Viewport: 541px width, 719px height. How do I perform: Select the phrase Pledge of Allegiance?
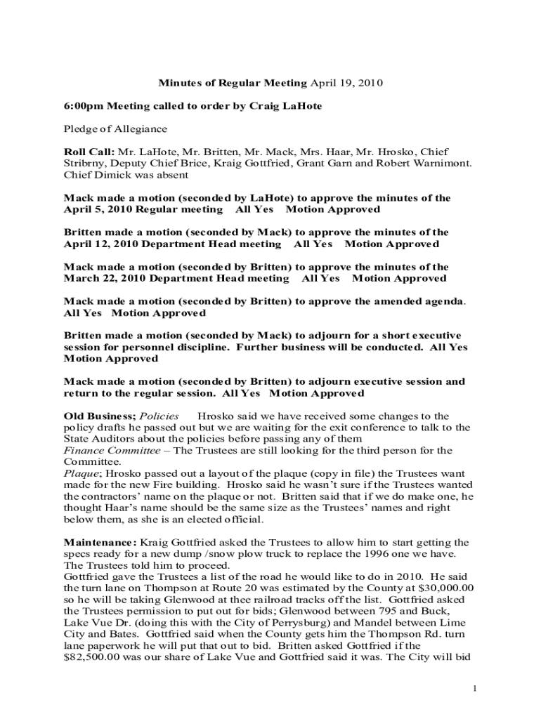click(116, 128)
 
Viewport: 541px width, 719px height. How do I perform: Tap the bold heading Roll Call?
click(89, 152)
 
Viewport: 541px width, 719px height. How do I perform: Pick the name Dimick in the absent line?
click(112, 174)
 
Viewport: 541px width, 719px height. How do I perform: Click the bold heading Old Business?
click(96, 416)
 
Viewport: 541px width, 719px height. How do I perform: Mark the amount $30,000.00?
click(439, 588)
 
